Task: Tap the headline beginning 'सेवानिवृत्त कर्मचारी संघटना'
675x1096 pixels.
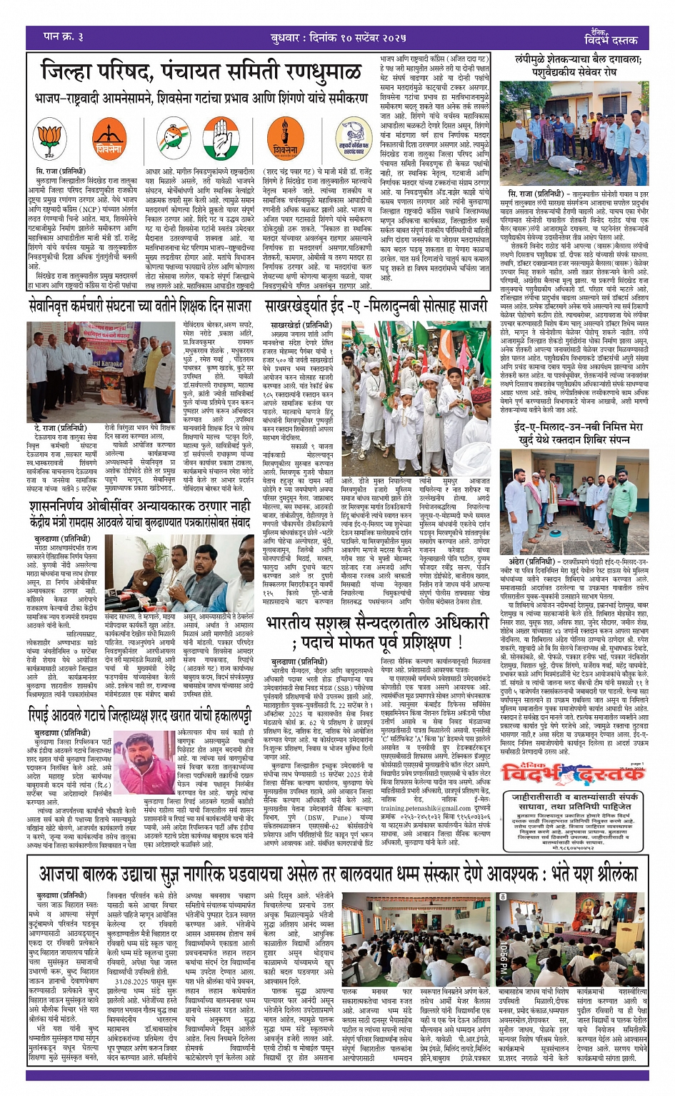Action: tap(141, 306)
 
